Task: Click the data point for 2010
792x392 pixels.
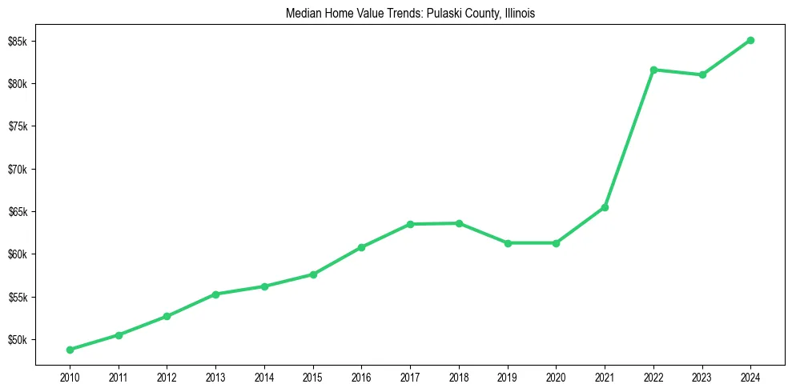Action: [x=70, y=350]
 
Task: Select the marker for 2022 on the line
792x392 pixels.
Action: [x=653, y=70]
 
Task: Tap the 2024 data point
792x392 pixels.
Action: [x=750, y=40]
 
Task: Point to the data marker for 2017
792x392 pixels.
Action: [x=410, y=224]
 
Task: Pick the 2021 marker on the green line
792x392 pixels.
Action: [x=605, y=207]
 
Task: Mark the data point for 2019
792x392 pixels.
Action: [x=508, y=242]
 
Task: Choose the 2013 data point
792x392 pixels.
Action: [x=215, y=294]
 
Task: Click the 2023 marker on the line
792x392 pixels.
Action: [x=702, y=74]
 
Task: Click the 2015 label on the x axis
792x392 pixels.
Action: [x=313, y=376]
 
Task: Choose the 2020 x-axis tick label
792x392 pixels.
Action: [x=556, y=376]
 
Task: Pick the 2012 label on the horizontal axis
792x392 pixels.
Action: [x=167, y=376]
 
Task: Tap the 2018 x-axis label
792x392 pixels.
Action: [x=459, y=376]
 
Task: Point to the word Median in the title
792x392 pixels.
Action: [x=304, y=14]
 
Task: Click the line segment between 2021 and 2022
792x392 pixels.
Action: [x=629, y=138]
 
